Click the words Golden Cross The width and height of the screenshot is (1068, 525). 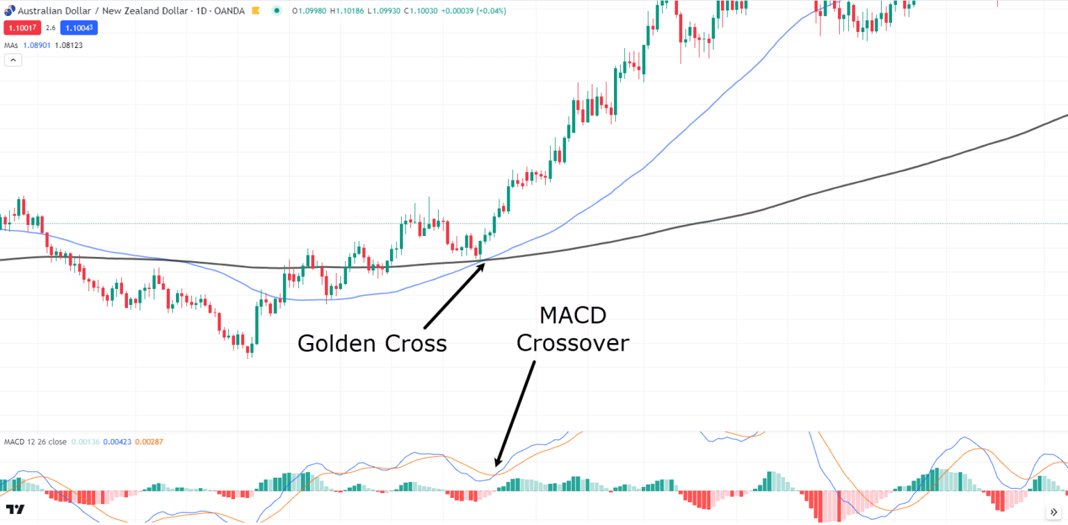(372, 343)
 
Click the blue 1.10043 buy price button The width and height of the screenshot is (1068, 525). (78, 28)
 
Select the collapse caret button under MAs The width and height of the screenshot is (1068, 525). (13, 60)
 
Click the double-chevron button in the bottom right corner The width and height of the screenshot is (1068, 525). (1053, 512)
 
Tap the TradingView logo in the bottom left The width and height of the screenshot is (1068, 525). (17, 510)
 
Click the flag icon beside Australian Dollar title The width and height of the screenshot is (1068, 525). (9, 11)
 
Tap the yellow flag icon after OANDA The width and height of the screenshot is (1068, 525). (256, 11)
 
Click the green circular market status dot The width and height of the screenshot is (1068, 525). (277, 11)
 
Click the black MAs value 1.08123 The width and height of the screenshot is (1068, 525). (69, 45)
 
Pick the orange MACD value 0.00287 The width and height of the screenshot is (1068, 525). (149, 442)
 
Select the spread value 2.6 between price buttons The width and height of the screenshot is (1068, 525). (51, 28)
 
